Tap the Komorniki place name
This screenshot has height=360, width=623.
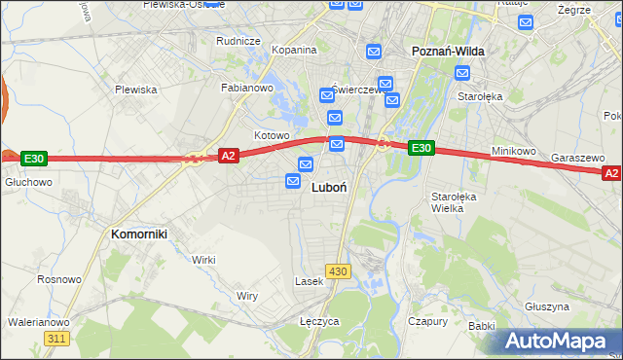(x=139, y=234)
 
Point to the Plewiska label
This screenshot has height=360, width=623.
(x=136, y=90)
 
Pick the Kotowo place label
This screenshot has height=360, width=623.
(x=272, y=135)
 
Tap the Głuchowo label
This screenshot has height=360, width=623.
(x=28, y=182)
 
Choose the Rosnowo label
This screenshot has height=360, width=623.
(x=58, y=279)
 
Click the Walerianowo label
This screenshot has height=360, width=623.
(x=38, y=322)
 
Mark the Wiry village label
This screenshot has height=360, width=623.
(x=247, y=295)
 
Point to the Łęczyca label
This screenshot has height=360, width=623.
(x=319, y=321)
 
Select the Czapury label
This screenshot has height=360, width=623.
(x=427, y=321)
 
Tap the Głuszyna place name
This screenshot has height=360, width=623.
(x=546, y=306)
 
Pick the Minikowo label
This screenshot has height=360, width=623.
(x=514, y=152)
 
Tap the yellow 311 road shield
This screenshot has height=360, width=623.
(x=56, y=338)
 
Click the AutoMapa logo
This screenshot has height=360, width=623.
(x=560, y=341)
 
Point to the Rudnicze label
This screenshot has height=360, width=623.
(x=238, y=41)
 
